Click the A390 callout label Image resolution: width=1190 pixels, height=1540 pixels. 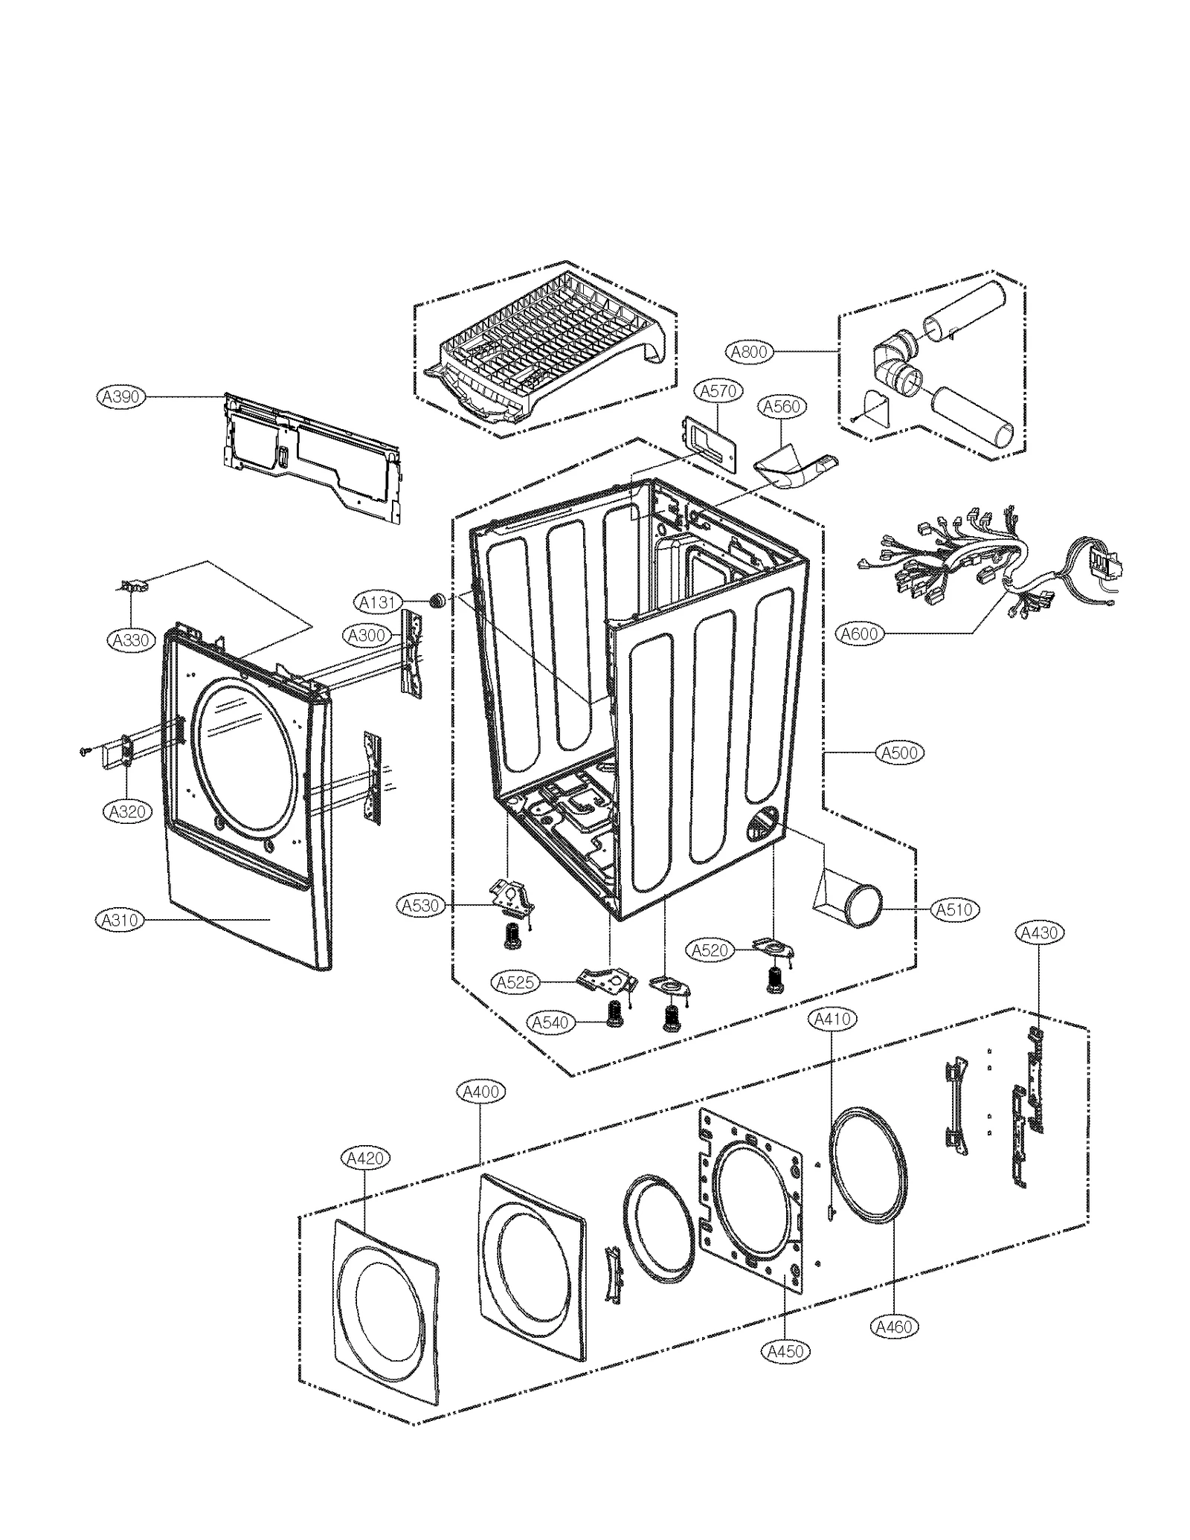click(120, 396)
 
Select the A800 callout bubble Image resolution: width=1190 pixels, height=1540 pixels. click(749, 351)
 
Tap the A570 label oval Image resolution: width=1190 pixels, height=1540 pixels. click(718, 390)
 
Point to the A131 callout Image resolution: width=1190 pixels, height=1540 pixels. click(377, 602)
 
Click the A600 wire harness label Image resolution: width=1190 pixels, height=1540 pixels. click(860, 634)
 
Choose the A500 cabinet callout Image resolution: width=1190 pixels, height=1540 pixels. click(900, 753)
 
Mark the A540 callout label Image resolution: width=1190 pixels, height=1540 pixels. click(551, 1022)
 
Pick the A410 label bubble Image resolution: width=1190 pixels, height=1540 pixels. click(832, 1019)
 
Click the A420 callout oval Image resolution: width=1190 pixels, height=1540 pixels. click(365, 1158)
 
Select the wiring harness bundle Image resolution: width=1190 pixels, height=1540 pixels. click(967, 561)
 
